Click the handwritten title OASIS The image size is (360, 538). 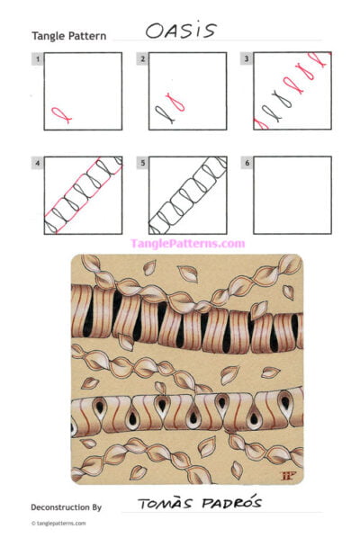coord(181,31)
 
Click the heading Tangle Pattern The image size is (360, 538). coord(68,37)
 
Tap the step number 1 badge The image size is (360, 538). coord(37,59)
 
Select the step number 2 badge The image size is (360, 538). coord(142,59)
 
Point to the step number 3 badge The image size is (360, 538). coord(247,59)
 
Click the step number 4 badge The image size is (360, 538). coord(37,164)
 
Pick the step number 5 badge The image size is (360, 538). coord(142,164)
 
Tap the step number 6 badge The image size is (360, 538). coord(247,164)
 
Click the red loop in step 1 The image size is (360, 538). coord(60,114)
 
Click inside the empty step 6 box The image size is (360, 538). coord(292,195)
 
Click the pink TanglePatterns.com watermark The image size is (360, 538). coord(187,243)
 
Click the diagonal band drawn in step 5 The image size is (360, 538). coord(185,196)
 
